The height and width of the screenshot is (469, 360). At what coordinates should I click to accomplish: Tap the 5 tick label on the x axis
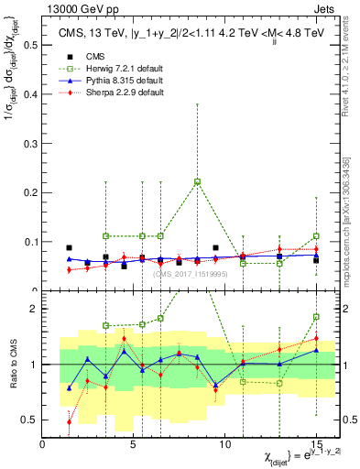pos(134,443)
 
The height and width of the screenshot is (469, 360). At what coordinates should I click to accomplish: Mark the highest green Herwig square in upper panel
pos(197,181)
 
